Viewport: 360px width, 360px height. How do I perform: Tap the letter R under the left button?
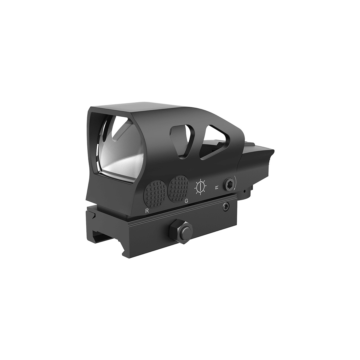(147, 210)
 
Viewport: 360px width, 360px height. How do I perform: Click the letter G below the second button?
(186, 201)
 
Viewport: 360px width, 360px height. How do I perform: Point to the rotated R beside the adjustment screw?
(217, 187)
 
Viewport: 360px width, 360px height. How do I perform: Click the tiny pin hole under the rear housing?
(245, 191)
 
